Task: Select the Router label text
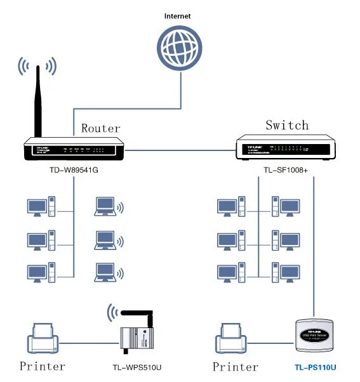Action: pos(100,128)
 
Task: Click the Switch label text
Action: pos(287,125)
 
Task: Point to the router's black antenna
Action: pos(38,102)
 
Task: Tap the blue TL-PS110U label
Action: pos(315,367)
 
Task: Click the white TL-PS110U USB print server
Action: pos(315,335)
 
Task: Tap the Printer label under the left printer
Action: pos(42,366)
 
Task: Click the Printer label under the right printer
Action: pos(236,366)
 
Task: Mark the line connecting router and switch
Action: pos(180,151)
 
